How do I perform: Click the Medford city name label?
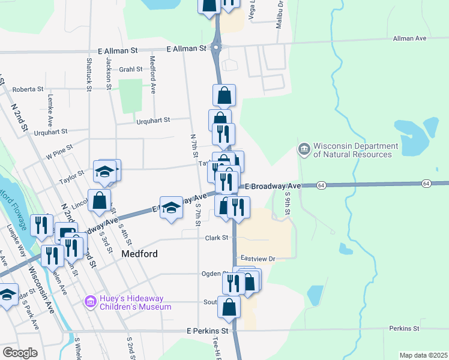[x=139, y=254]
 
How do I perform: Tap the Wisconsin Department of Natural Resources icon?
[x=304, y=148]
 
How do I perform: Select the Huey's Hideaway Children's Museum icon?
[x=90, y=301]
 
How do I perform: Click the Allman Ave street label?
[x=409, y=38]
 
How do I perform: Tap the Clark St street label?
[x=217, y=238]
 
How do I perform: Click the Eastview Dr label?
[x=257, y=258]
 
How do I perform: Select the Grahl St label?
[x=130, y=69]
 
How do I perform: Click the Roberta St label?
[x=28, y=89]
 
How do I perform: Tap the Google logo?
[x=20, y=352]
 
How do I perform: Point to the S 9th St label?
[x=288, y=204]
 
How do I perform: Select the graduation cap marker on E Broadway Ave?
[x=171, y=208]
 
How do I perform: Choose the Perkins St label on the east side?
[x=403, y=328]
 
